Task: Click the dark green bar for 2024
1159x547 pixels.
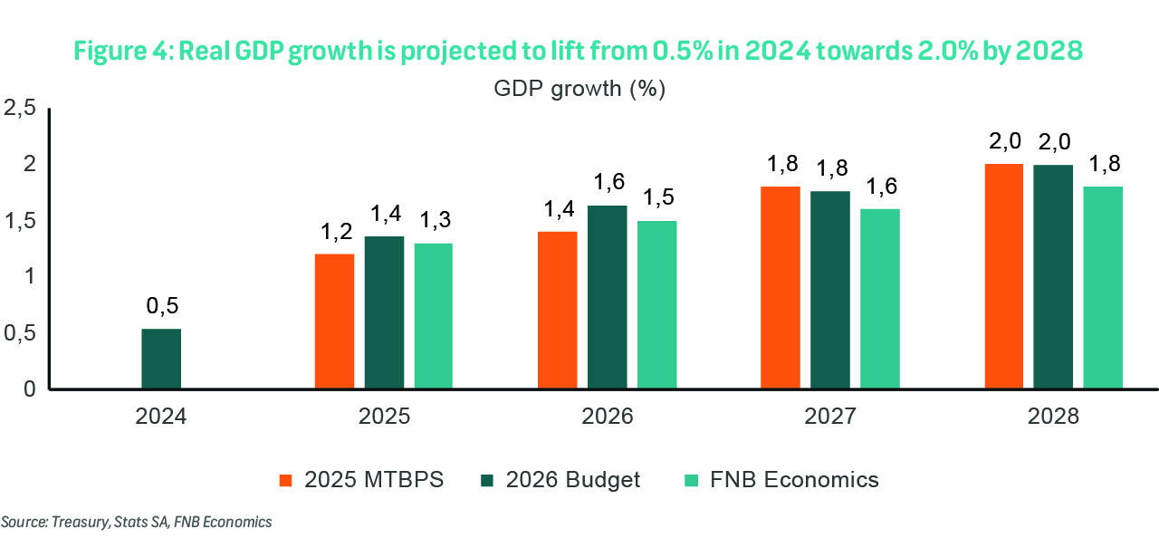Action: [161, 359]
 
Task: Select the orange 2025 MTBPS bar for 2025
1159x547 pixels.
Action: [334, 321]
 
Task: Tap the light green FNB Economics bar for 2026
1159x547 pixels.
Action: [656, 305]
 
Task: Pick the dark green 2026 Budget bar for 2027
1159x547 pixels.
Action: [829, 290]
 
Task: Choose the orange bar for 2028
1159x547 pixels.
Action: [1003, 276]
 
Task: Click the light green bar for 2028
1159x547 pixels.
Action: [1102, 288]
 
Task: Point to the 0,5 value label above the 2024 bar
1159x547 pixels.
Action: [161, 308]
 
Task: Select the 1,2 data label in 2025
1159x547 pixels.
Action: [334, 233]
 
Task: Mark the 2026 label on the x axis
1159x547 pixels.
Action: [607, 417]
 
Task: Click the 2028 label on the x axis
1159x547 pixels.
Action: [1053, 417]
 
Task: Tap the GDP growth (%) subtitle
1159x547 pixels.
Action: [579, 89]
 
